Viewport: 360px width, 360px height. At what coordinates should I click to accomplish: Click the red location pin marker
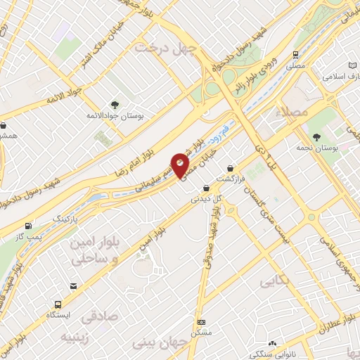pos(181,164)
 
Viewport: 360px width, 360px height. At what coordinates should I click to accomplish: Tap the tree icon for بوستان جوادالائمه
pos(115,103)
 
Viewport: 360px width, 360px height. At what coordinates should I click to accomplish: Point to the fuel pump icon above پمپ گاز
pos(28,226)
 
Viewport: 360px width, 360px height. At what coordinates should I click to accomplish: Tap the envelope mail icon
pos(73,285)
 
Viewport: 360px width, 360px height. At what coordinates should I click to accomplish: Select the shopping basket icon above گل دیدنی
pos(205,188)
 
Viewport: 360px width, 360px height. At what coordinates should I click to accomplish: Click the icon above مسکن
pos(200,321)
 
